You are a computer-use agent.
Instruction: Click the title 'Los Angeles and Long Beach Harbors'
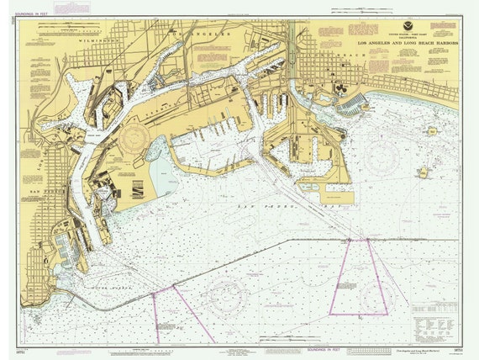coord(403,42)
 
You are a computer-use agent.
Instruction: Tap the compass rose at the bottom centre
coord(225,296)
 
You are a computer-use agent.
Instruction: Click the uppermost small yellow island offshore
coord(432,131)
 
